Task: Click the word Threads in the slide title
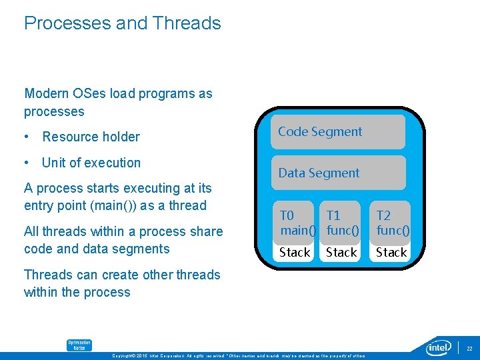tap(186, 23)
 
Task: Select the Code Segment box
tap(338, 132)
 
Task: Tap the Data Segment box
tap(338, 173)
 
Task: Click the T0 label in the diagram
tap(287, 215)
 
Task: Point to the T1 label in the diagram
tap(333, 215)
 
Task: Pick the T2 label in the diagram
tap(383, 215)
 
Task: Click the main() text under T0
tap(297, 231)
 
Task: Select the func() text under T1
tap(343, 231)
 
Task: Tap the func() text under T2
tap(392, 231)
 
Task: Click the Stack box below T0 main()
tap(295, 253)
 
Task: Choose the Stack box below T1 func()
tap(341, 253)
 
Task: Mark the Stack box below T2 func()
tap(391, 253)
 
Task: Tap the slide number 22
tap(469, 348)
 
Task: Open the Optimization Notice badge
tap(79, 345)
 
